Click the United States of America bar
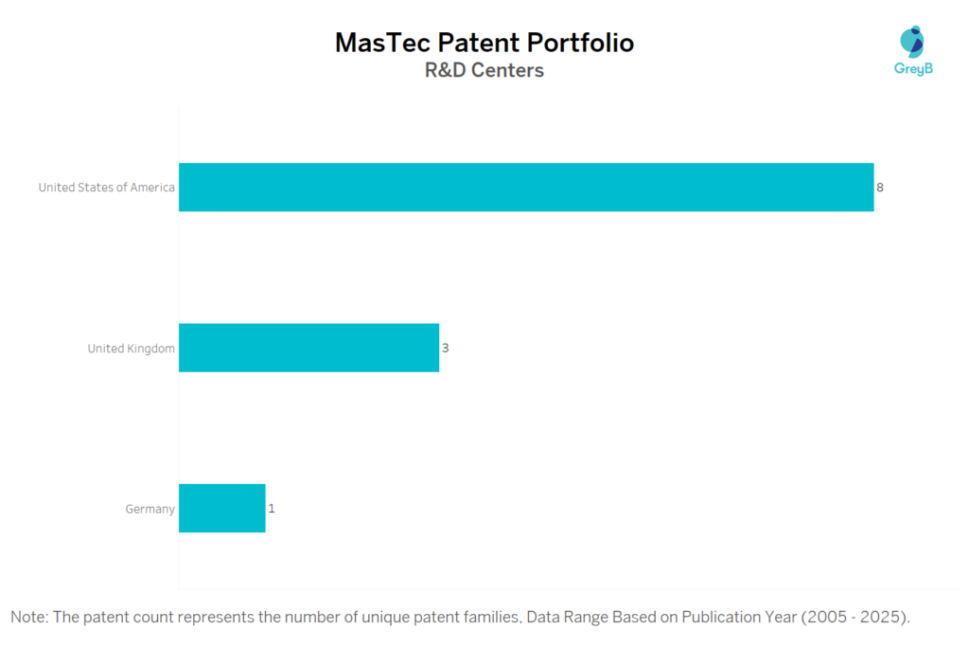click(x=526, y=187)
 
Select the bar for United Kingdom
click(x=308, y=348)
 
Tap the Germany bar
click(x=221, y=509)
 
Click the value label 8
click(x=880, y=188)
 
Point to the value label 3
click(x=445, y=349)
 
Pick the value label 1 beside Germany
click(x=272, y=509)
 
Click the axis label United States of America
click(x=106, y=188)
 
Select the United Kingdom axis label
click(x=131, y=349)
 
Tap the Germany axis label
click(x=150, y=510)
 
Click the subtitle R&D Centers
click(x=484, y=71)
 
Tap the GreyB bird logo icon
click(x=913, y=42)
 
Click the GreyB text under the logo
click(x=913, y=68)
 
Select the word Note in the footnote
click(x=28, y=618)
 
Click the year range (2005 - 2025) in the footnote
click(x=855, y=618)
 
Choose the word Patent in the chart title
click(x=474, y=43)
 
